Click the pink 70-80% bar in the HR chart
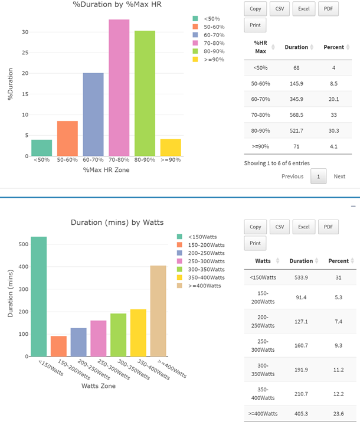[119, 87]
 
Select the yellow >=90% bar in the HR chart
[171, 148]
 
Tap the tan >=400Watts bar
[158, 311]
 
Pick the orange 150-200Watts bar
[58, 346]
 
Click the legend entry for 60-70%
[208, 35]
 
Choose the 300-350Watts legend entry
[201, 269]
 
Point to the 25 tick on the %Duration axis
[25, 53]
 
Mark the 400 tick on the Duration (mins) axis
[24, 267]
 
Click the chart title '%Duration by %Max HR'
[117, 4]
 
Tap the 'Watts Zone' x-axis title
[99, 385]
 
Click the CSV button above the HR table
[280, 9]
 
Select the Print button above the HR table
[255, 25]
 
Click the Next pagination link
[339, 176]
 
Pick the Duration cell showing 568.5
[296, 115]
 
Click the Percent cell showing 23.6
[338, 414]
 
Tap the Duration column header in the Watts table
[301, 261]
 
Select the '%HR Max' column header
[260, 47]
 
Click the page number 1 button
[319, 176]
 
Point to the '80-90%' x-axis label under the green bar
[145, 160]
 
